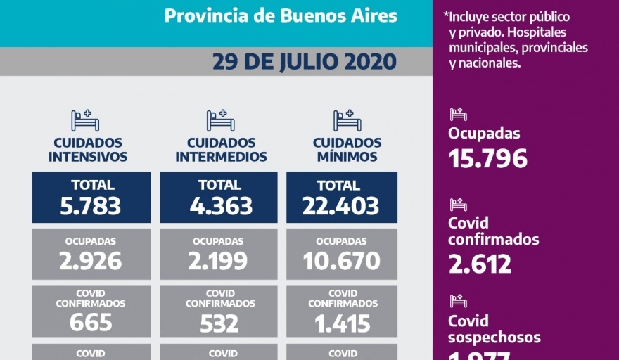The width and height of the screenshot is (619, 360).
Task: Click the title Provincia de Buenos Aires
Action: pyautogui.click(x=280, y=15)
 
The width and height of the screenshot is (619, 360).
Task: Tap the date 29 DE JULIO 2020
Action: pyautogui.click(x=305, y=62)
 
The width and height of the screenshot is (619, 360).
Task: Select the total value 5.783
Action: pyautogui.click(x=91, y=206)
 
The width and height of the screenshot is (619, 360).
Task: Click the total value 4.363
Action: pyautogui.click(x=219, y=206)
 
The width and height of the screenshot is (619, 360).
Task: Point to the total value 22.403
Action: pyautogui.click(x=341, y=206)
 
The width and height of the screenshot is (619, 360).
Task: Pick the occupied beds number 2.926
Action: pyautogui.click(x=91, y=262)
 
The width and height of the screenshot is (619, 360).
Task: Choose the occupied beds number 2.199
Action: pyautogui.click(x=219, y=262)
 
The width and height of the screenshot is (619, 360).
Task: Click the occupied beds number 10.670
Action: pyautogui.click(x=341, y=262)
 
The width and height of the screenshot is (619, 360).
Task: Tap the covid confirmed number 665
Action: pyautogui.click(x=91, y=322)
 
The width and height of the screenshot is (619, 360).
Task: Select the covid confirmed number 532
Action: pyautogui.click(x=219, y=322)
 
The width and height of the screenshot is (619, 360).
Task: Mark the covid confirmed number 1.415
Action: pyautogui.click(x=341, y=322)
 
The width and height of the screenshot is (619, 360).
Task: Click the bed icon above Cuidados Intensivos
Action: pyautogui.click(x=86, y=120)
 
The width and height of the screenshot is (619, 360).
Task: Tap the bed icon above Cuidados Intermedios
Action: pyautogui.click(x=220, y=120)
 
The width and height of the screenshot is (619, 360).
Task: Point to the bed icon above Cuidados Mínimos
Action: pyautogui.click(x=347, y=120)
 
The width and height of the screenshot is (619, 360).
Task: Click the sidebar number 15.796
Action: pyautogui.click(x=487, y=159)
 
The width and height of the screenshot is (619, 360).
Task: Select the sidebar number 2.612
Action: pyautogui.click(x=480, y=264)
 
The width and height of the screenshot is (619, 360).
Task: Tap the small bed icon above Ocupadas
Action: pyautogui.click(x=459, y=113)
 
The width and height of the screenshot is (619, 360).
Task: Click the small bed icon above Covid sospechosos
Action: pyautogui.click(x=459, y=301)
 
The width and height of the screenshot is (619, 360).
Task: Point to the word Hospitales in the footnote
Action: pyautogui.click(x=541, y=32)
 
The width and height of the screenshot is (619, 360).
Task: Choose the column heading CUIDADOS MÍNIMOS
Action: pyautogui.click(x=347, y=150)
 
